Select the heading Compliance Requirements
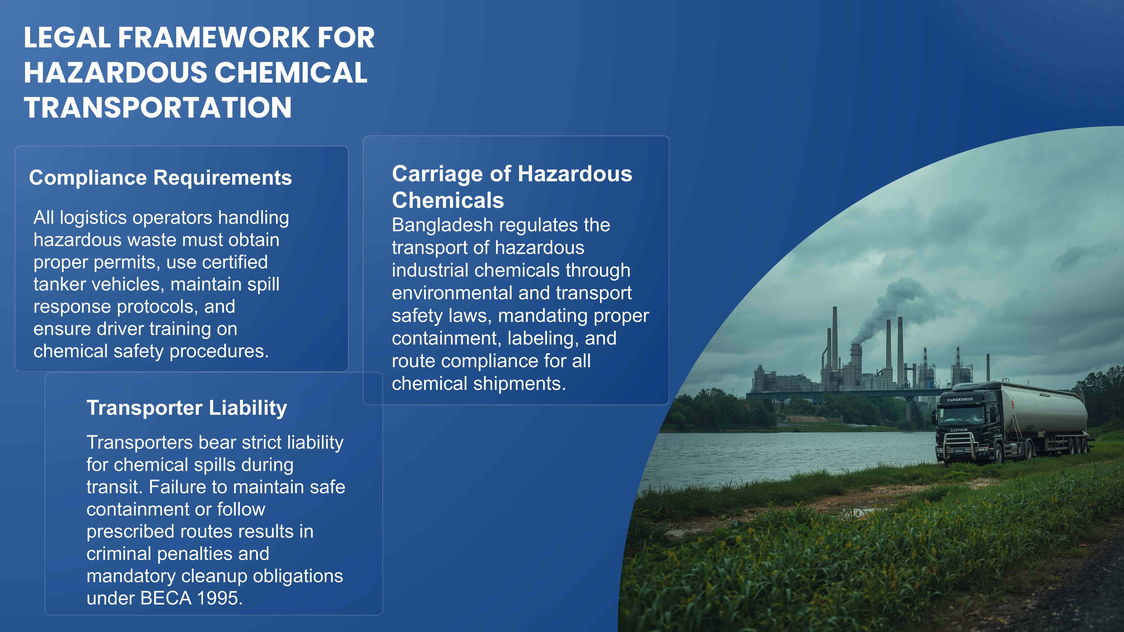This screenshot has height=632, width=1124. click(x=160, y=178)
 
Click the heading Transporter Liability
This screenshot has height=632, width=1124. click(x=187, y=408)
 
